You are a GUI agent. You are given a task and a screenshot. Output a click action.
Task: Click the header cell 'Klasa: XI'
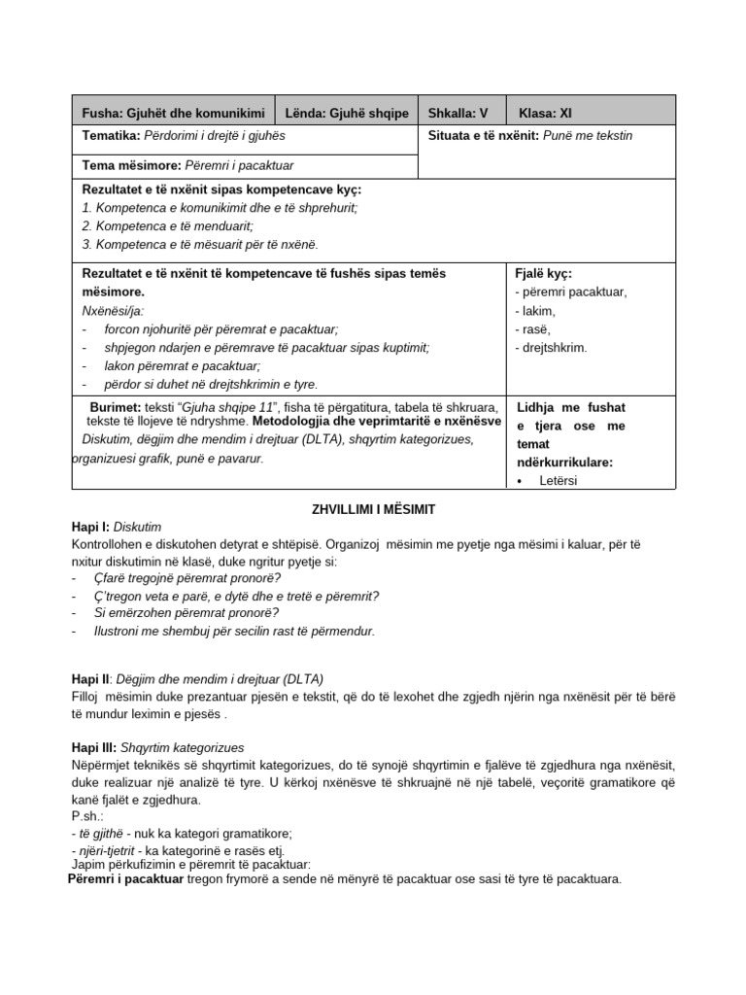point(552,112)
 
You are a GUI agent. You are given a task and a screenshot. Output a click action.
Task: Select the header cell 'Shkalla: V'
point(457,112)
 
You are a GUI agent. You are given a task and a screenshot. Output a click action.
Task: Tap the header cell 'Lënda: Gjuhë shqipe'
point(347,112)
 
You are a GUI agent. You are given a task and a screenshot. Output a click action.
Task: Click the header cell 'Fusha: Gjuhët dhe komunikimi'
point(174,112)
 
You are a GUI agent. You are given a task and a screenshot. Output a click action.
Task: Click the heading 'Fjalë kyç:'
point(544,274)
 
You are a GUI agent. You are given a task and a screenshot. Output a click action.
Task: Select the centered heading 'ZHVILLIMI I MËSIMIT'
point(374,508)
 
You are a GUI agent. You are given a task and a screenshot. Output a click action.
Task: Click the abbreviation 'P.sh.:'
point(88,816)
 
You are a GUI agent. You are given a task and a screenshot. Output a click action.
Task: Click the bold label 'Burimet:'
point(116,407)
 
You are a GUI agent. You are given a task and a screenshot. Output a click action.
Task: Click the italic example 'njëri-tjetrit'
point(111,851)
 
